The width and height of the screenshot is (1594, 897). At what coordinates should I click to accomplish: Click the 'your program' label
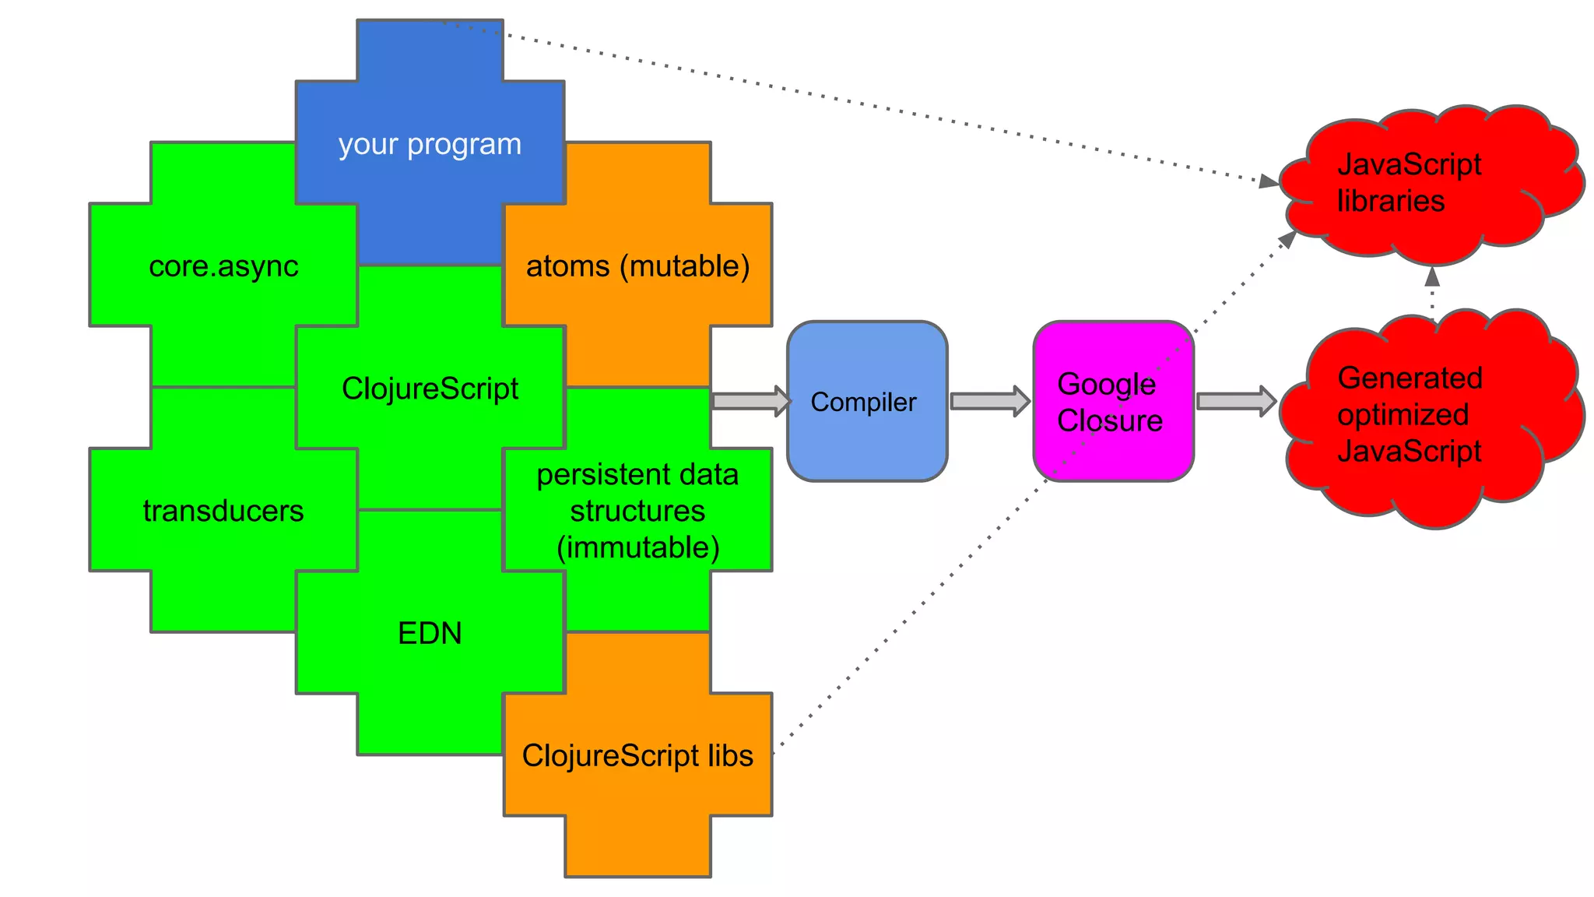430,145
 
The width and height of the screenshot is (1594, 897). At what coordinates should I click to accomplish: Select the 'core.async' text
223,266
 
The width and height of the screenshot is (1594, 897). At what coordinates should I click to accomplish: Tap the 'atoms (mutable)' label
637,266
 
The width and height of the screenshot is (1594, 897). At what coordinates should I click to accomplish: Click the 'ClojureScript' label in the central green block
430,389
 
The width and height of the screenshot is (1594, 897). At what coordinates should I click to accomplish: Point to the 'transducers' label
223,511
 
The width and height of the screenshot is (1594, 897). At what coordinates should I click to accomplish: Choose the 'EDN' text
430,633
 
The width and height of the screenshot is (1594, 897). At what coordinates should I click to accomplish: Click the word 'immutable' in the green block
637,547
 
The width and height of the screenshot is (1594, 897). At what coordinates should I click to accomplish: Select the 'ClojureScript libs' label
637,755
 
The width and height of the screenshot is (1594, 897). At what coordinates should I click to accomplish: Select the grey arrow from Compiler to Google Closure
989,401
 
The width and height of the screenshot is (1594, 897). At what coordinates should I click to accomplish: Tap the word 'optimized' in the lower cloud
1403,415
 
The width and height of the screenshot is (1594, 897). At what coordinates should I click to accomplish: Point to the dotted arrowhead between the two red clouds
1432,276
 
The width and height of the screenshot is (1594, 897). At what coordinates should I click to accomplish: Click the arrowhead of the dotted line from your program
1268,182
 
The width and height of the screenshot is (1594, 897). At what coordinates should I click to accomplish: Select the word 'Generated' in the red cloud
1410,378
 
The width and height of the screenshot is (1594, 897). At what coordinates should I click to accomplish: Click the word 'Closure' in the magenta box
1109,421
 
